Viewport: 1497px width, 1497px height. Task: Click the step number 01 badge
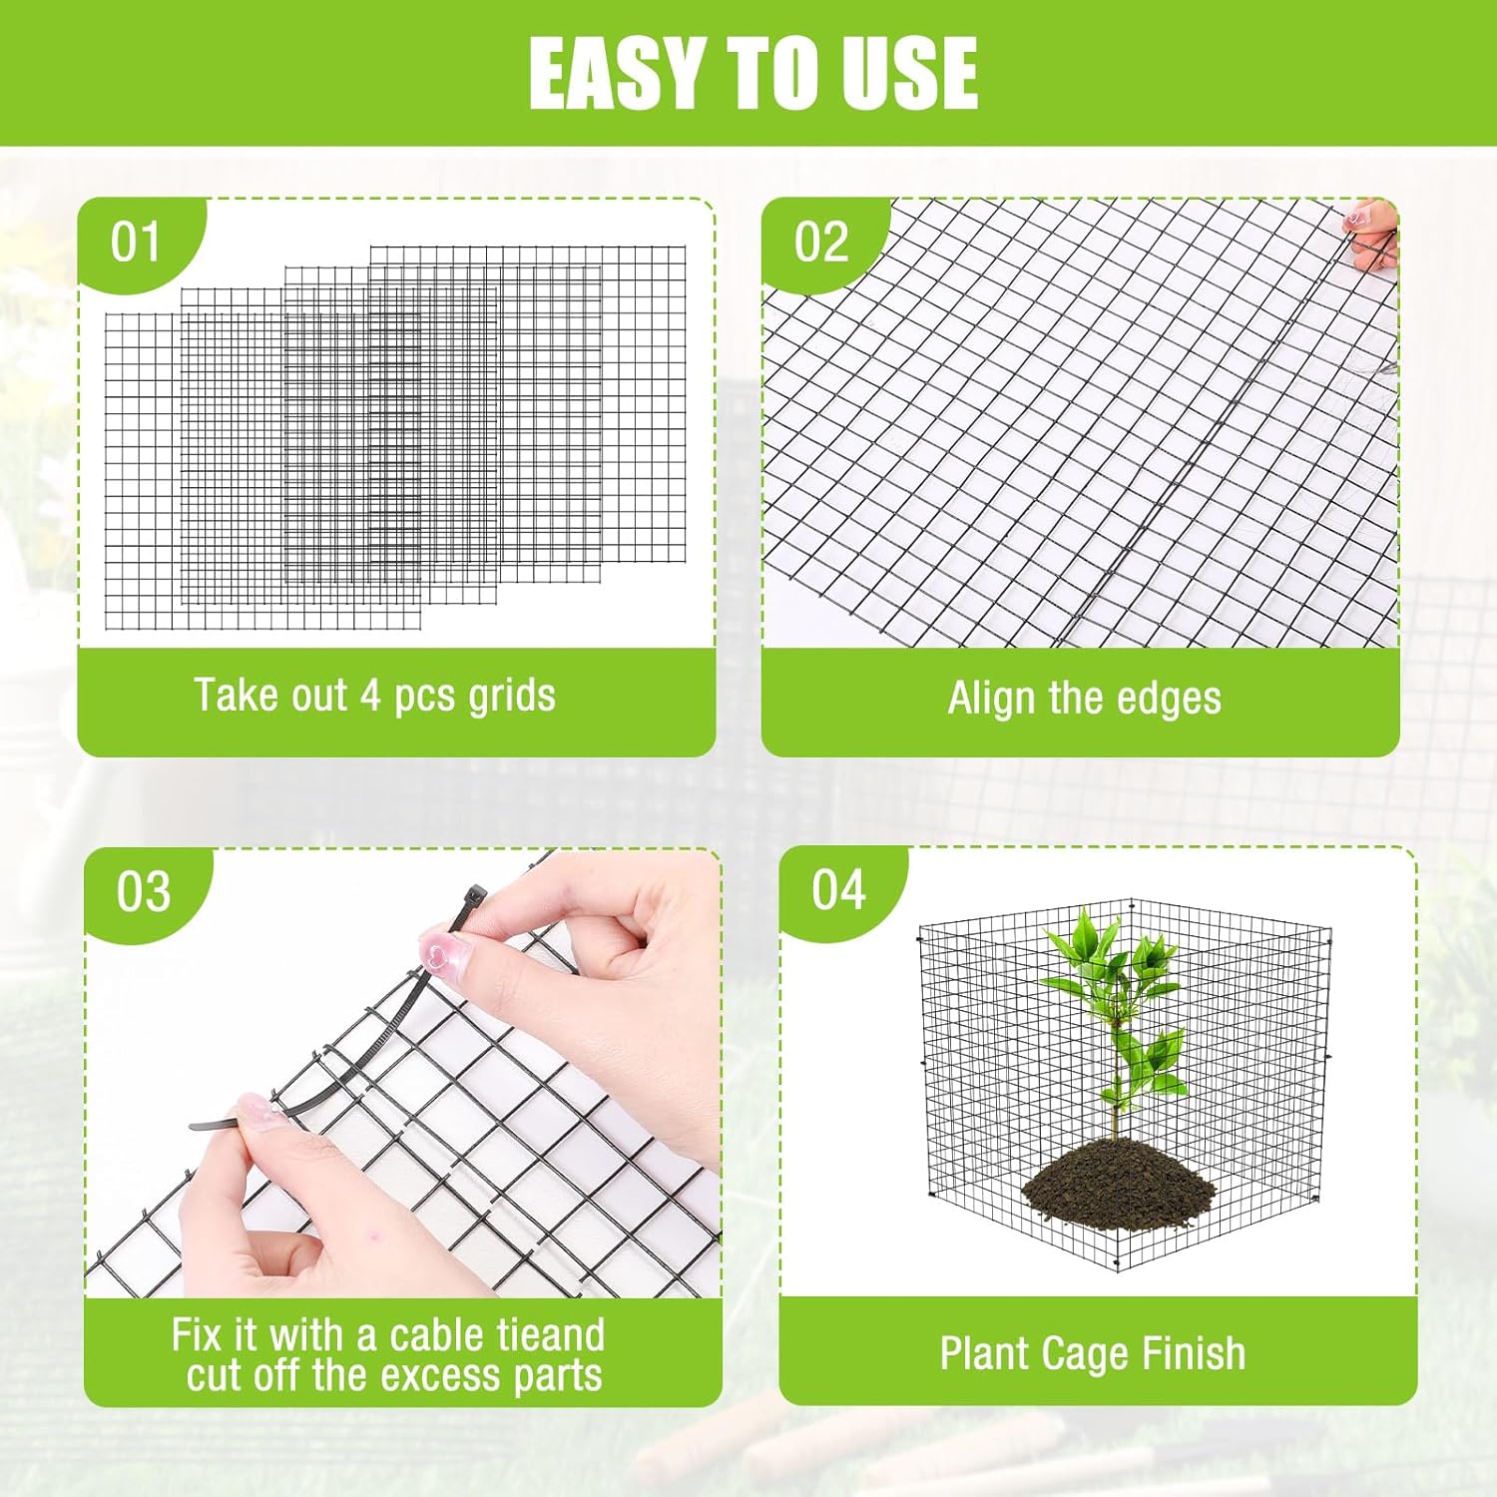click(135, 243)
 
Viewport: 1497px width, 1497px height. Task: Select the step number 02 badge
click(820, 243)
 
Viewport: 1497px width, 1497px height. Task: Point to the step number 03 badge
click(143, 891)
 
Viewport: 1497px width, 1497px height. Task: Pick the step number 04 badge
click(838, 889)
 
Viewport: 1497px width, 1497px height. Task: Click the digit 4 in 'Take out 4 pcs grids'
click(371, 696)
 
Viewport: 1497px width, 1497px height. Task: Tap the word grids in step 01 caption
click(512, 696)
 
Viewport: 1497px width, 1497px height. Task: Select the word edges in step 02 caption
click(1169, 698)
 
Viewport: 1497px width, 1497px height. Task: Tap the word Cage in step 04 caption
click(1094, 1354)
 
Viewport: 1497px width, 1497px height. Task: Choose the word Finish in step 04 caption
click(1194, 1353)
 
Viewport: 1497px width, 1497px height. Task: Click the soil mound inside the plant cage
click(1118, 1183)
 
